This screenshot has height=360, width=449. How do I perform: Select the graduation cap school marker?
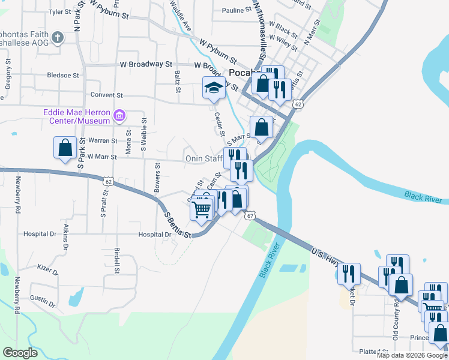pyautogui.click(x=214, y=88)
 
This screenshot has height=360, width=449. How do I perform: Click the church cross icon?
pyautogui.click(x=57, y=38)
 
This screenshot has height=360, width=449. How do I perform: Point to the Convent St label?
pyautogui.click(x=106, y=95)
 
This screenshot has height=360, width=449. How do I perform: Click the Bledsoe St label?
pyautogui.click(x=63, y=76)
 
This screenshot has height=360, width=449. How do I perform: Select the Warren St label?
pyautogui.click(x=103, y=140)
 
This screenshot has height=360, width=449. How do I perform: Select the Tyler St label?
pyautogui.click(x=59, y=11)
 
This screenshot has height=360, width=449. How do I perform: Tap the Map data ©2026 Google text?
pyautogui.click(x=411, y=355)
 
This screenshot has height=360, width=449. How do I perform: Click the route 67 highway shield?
pyautogui.click(x=250, y=215)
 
